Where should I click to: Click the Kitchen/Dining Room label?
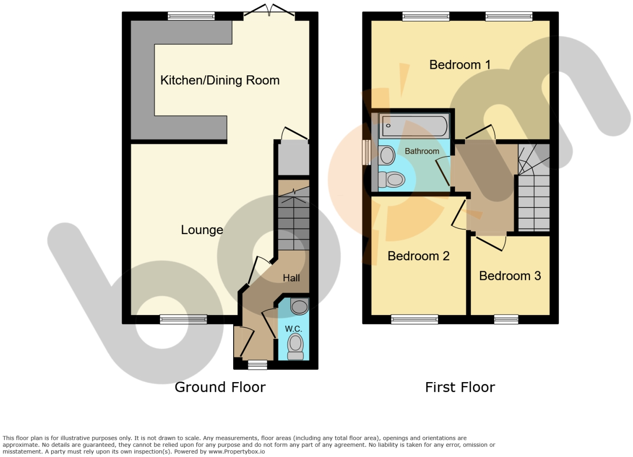coord(220,80)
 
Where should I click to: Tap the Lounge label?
coord(202,230)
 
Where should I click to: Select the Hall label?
coord(291,278)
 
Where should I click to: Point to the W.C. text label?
coord(294,329)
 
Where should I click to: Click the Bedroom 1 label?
coord(460,65)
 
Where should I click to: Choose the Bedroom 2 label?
coord(418,256)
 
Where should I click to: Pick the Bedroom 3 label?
coord(510,276)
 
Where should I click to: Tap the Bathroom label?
coord(422,151)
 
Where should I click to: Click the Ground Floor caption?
coord(220,387)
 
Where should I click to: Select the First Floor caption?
coord(460,387)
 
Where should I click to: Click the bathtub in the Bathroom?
coord(414,126)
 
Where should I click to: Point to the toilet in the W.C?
coord(295,346)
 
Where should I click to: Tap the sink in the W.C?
coord(300,306)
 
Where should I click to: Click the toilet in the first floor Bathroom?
coord(391,179)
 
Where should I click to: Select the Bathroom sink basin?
coord(387,155)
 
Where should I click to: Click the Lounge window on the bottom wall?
coord(184,319)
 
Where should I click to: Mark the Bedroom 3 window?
coord(506,319)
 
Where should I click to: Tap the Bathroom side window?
coord(367,152)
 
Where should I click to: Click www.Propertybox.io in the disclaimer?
coord(237,452)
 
